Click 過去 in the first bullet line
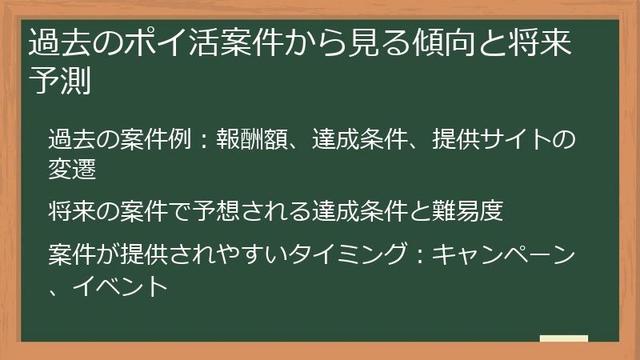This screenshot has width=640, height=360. click(67, 139)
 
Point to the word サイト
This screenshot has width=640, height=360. click(512, 139)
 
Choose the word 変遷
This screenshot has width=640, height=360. click(67, 169)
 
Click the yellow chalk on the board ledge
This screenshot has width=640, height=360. click(563, 338)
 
